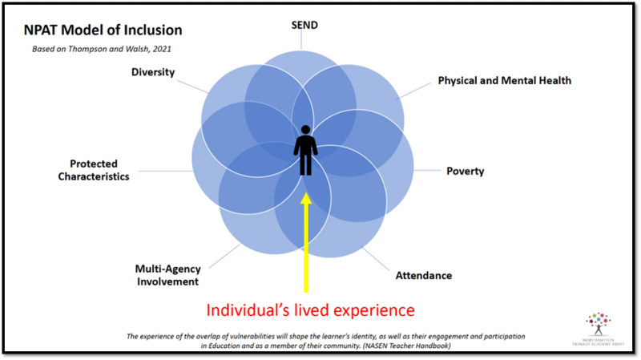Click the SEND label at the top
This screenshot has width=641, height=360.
(x=304, y=26)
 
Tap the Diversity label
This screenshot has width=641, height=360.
(x=153, y=72)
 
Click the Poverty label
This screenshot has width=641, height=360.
(x=465, y=171)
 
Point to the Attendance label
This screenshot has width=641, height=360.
(x=423, y=276)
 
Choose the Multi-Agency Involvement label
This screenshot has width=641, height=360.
(x=167, y=275)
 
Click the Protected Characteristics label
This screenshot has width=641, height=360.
(x=94, y=170)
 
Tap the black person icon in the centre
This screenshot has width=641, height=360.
(x=305, y=151)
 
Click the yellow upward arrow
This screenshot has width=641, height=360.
(x=305, y=241)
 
